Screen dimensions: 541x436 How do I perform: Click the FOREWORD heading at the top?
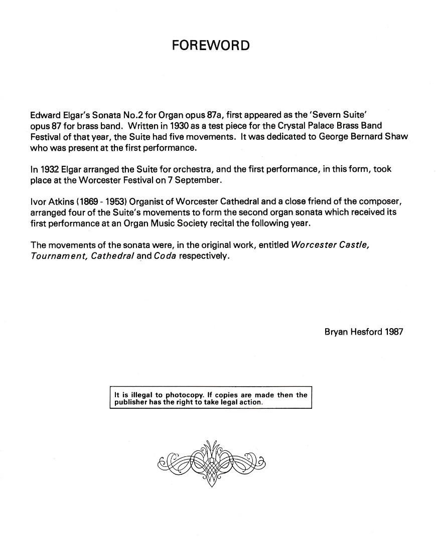pos(210,46)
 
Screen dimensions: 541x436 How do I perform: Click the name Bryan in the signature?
pos(337,332)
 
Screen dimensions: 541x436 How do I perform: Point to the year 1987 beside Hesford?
pos(393,332)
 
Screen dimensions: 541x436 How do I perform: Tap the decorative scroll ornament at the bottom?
pos(211,463)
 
